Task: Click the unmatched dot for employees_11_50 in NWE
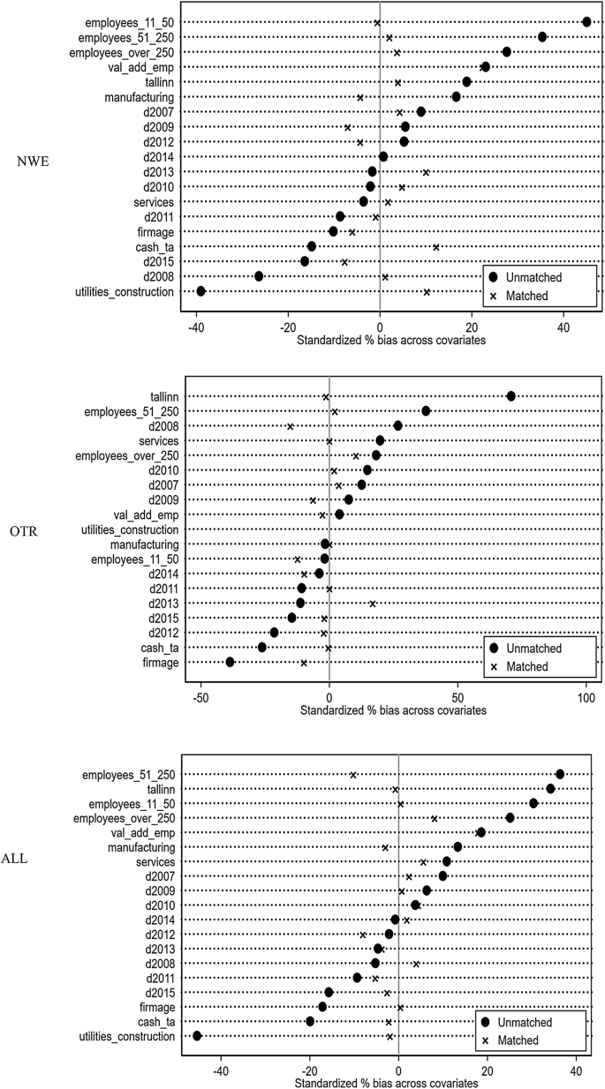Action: [x=587, y=21]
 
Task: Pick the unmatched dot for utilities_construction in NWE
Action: [x=200, y=291]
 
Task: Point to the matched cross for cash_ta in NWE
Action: [x=436, y=247]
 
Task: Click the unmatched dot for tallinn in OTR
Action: [x=510, y=396]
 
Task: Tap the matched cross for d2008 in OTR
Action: [x=290, y=426]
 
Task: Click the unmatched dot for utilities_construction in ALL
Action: [x=197, y=1036]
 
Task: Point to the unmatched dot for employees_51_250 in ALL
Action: [x=559, y=774]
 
